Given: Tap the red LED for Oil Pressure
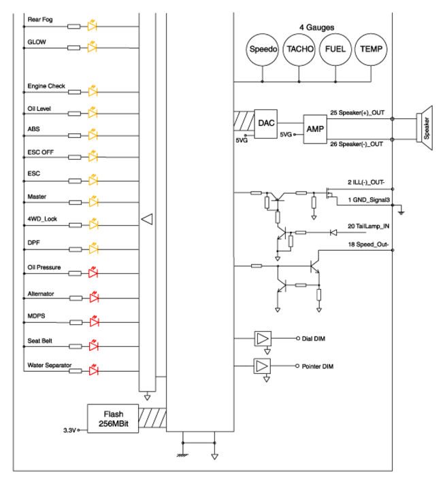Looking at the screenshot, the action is tap(93, 273).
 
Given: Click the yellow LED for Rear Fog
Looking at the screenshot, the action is tap(92, 26).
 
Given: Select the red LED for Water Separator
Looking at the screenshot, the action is tap(94, 370).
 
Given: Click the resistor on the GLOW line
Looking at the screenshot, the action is tap(74, 48).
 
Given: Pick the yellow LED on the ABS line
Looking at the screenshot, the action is tap(93, 135).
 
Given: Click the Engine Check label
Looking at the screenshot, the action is tap(46, 86).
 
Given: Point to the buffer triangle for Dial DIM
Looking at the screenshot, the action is tap(263, 339).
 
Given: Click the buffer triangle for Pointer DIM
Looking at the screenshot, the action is tap(262, 366).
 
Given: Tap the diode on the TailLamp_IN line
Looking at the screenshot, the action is tap(333, 232).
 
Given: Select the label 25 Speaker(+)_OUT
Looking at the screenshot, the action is tap(357, 113).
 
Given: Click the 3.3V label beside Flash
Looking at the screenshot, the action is tap(69, 430).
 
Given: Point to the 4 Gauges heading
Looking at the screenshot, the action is tap(317, 27).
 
